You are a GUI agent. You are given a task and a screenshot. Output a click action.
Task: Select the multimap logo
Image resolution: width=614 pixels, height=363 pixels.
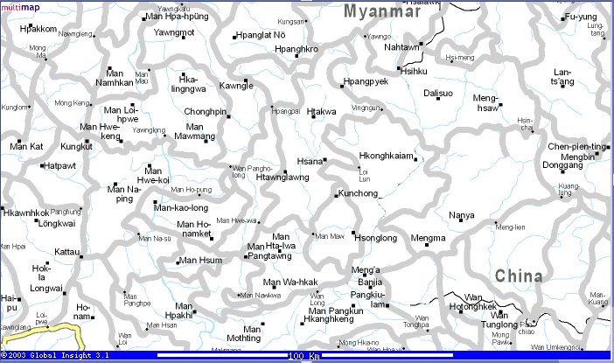pos(20,6)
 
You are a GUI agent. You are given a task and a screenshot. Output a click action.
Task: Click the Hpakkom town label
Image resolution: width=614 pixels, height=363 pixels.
pos(38,29)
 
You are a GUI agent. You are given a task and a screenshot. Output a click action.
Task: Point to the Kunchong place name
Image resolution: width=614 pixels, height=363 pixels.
pos(357,193)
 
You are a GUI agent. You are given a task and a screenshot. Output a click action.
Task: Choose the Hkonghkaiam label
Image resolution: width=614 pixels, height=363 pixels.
pos(385,156)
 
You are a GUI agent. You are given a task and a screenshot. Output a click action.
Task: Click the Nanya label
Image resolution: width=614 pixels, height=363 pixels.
pos(461,215)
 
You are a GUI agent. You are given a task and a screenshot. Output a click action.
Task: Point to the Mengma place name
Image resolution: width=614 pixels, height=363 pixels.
pos(428,238)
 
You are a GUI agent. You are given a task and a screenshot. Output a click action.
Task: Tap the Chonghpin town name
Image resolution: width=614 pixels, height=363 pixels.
pos(205,112)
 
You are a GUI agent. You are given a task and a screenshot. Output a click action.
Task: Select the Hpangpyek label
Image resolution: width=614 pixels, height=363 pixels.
pos(366,81)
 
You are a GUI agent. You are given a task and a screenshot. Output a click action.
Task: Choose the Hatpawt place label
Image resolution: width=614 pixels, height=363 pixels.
pos(59,164)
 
